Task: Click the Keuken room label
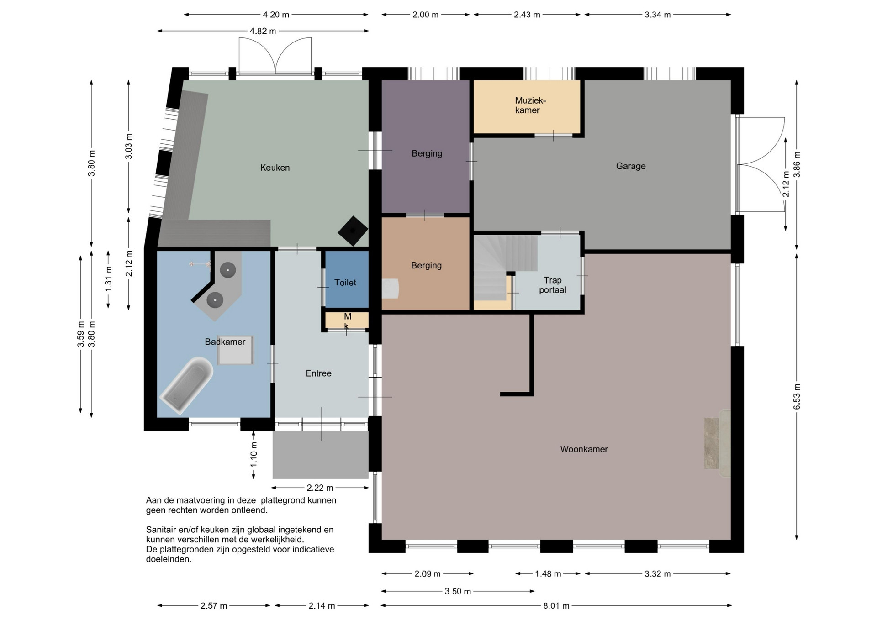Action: point(275,168)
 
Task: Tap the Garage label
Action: point(631,166)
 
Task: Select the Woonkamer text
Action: point(584,449)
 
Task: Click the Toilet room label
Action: point(345,283)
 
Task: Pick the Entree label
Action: point(318,373)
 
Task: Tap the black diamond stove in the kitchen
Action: point(353,231)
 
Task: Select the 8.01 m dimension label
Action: point(556,606)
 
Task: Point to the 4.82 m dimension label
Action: point(263,31)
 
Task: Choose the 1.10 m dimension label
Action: point(254,454)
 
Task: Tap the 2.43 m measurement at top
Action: point(527,15)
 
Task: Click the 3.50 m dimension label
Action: point(458,591)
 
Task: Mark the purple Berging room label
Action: point(427,153)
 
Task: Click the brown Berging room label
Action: point(426,265)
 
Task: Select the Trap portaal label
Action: point(553,285)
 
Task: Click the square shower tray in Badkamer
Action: point(235,350)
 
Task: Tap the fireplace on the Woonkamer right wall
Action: point(717,443)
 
